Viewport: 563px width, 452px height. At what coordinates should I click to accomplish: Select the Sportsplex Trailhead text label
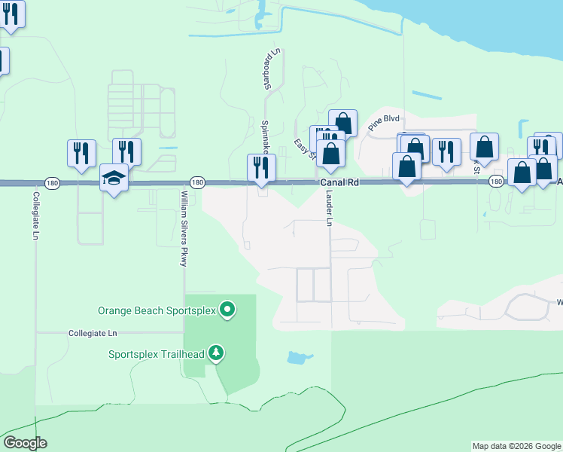coord(157,353)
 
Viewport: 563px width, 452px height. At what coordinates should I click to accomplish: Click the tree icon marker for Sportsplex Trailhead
coord(216,353)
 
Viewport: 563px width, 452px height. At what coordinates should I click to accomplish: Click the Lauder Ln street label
coord(329,207)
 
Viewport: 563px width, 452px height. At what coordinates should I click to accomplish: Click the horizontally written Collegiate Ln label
coord(93,332)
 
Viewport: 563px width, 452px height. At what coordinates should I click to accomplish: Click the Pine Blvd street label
coord(383,124)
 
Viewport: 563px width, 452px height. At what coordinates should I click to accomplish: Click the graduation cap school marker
coord(114,178)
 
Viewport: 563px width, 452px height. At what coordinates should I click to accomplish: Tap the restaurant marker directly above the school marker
coord(127,151)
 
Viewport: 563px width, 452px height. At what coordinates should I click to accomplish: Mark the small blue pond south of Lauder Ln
coord(300,357)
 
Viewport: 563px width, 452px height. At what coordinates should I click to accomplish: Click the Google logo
coord(25,443)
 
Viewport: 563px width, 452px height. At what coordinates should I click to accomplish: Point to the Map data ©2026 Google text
coord(516,446)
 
